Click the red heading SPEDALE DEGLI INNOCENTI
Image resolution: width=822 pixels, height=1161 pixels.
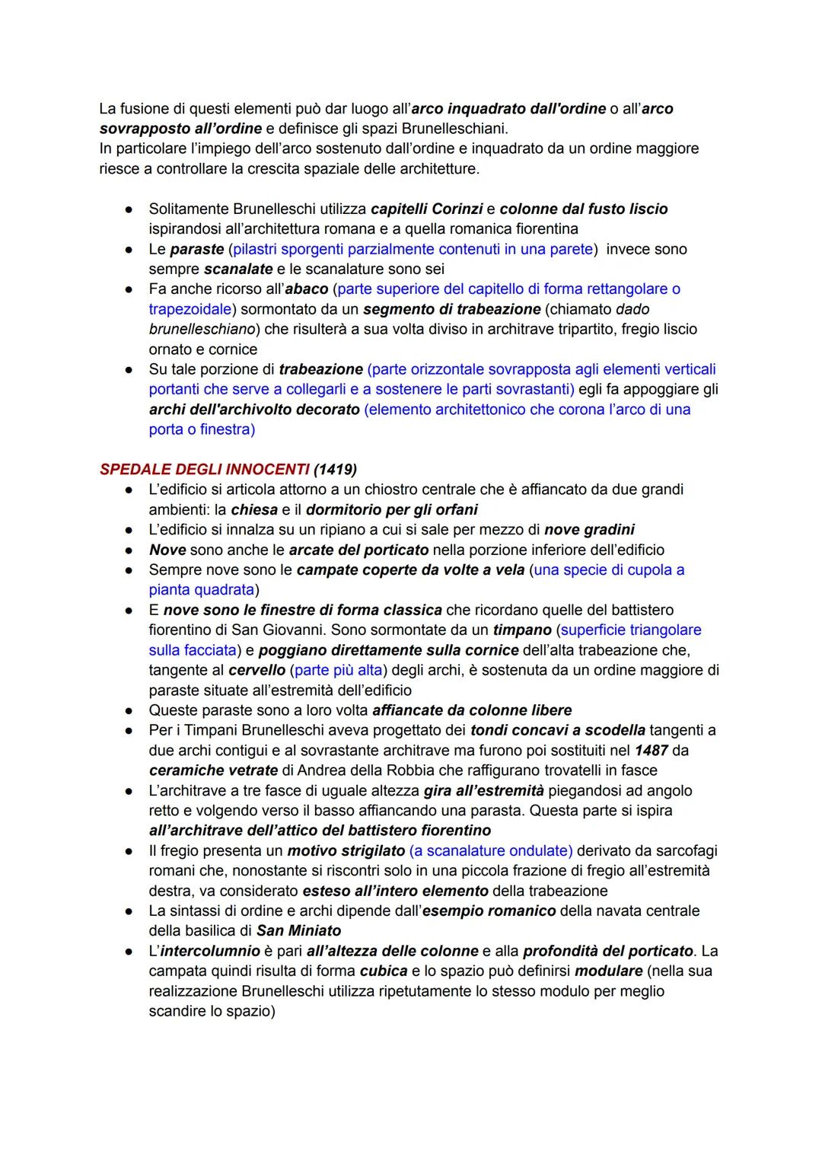pos(204,469)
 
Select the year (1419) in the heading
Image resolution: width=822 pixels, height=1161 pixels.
pos(335,469)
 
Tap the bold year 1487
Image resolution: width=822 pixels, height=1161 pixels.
pos(651,750)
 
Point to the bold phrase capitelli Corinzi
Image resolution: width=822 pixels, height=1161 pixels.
pos(426,209)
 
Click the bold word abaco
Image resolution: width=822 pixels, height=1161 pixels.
pos(306,289)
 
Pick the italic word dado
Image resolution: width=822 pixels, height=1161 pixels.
pos(632,309)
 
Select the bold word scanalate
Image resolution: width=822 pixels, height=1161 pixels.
pos(238,269)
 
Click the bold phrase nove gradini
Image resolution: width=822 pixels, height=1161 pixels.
pos(589,529)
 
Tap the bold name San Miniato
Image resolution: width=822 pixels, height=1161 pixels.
pos(298,930)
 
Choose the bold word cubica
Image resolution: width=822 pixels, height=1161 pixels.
pos(384,971)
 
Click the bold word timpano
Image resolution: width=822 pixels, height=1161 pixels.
pos(521,630)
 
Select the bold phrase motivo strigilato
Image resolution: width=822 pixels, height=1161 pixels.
pos(346,850)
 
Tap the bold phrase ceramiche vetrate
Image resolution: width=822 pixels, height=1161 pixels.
pos(202,770)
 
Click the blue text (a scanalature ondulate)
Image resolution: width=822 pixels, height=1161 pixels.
pos(491,850)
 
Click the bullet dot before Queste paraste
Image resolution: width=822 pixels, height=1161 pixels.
pos(131,710)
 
